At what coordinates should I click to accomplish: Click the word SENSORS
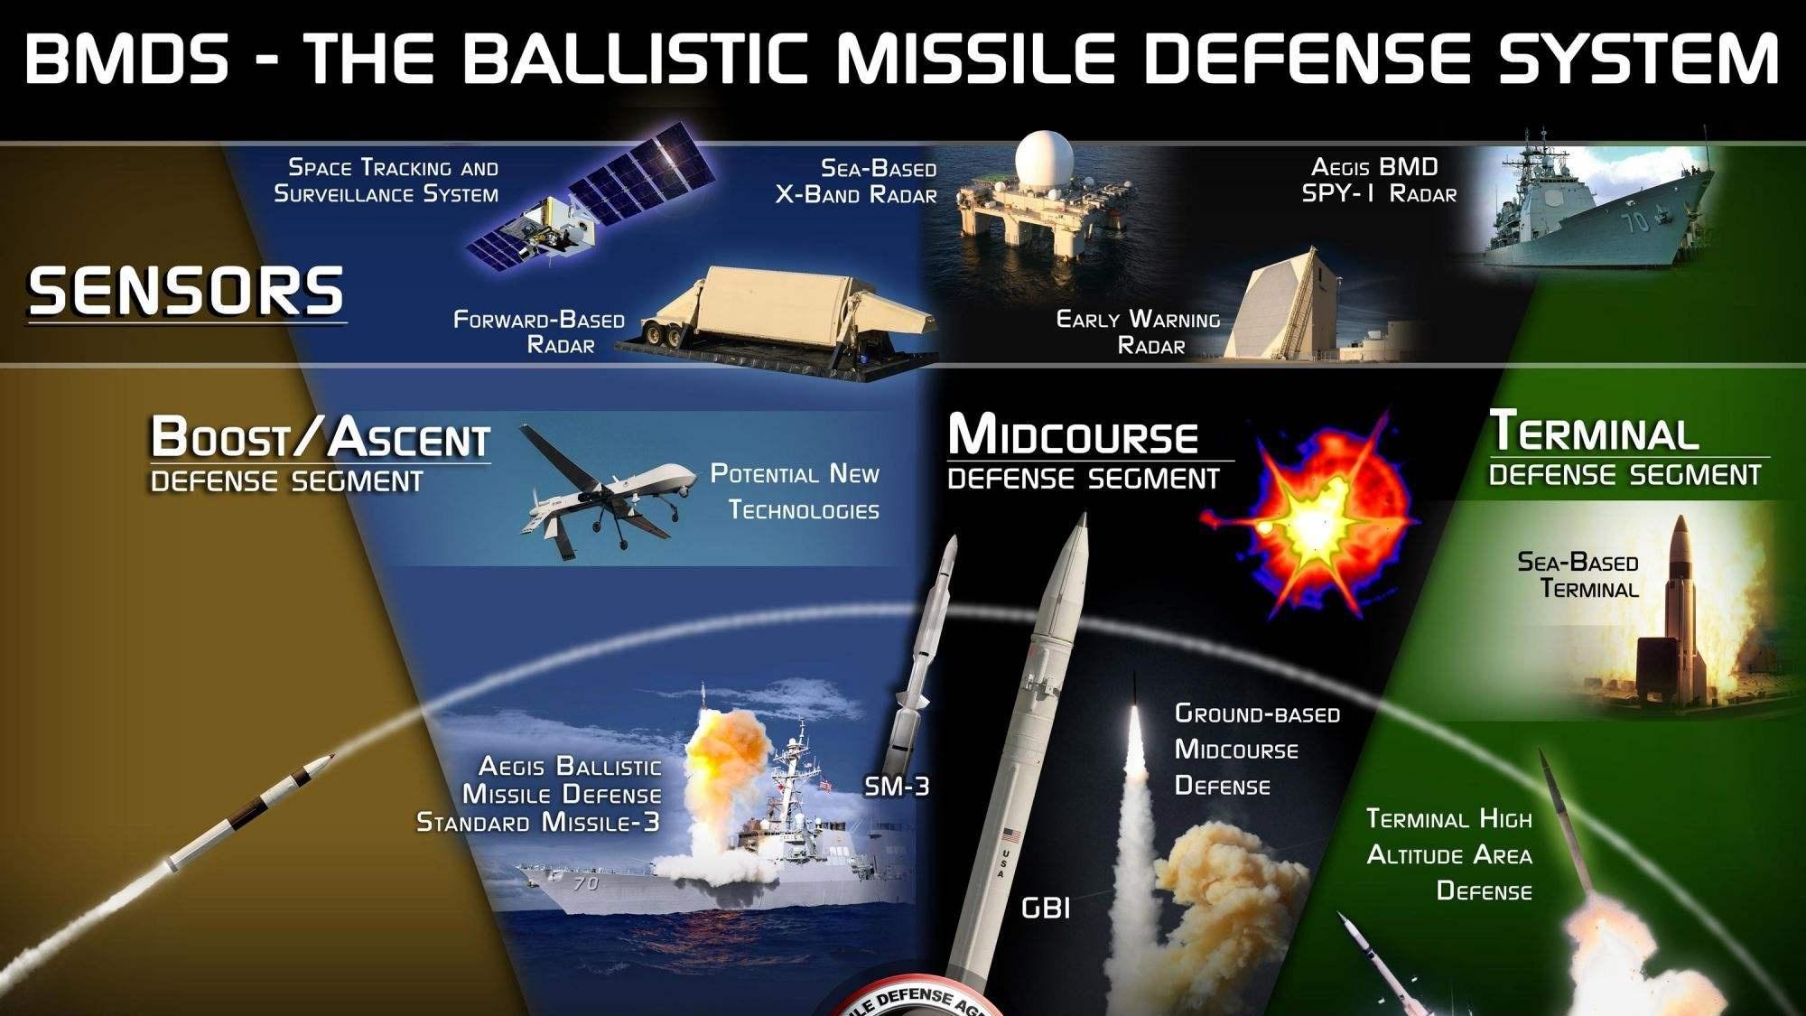[x=186, y=291]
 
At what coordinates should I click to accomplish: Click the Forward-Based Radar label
[x=540, y=332]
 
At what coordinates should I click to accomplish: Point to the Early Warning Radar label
[x=1139, y=332]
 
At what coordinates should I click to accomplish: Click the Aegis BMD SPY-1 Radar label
[x=1379, y=181]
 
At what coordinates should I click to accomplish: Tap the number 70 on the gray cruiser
[x=1638, y=219]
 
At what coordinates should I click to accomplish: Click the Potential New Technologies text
[x=796, y=492]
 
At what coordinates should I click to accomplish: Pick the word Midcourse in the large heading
[x=1073, y=434]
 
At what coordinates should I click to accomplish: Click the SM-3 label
[x=896, y=787]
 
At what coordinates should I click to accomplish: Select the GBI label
[x=1046, y=908]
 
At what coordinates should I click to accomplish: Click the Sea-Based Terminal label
[x=1578, y=575]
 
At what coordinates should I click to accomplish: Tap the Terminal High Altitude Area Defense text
[x=1449, y=855]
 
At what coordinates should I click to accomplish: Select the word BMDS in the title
[x=127, y=58]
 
